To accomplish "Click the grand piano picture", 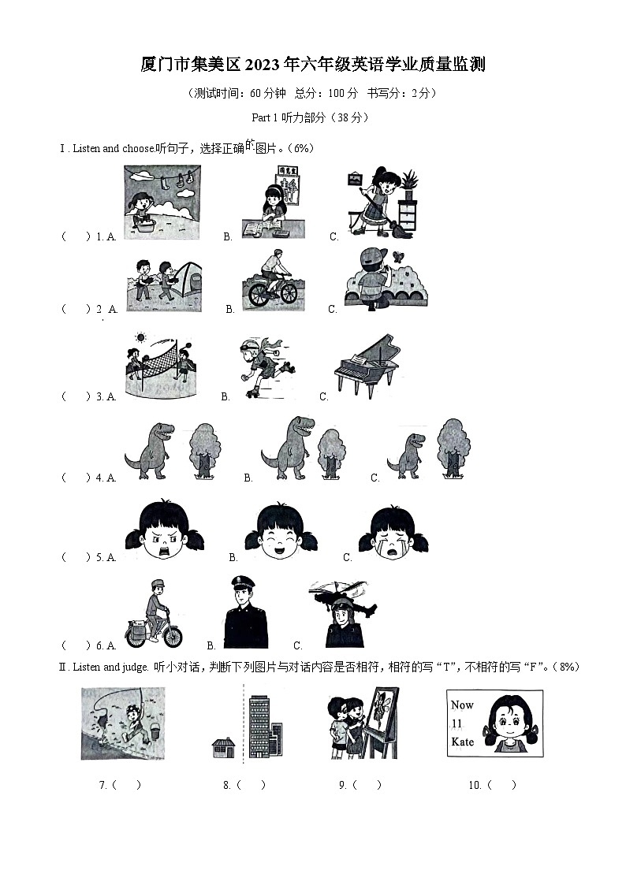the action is point(367,366).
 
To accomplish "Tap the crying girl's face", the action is point(393,534).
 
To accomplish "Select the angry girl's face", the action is point(164,530).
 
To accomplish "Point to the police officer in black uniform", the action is point(245,612).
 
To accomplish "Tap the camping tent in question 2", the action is point(187,280).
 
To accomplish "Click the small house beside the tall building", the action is point(223,747).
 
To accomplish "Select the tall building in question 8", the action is point(266,727).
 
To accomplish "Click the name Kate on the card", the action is point(462,742).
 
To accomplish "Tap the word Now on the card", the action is point(462,705).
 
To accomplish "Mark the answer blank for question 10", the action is point(501,785).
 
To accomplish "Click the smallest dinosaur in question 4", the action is point(406,456).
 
